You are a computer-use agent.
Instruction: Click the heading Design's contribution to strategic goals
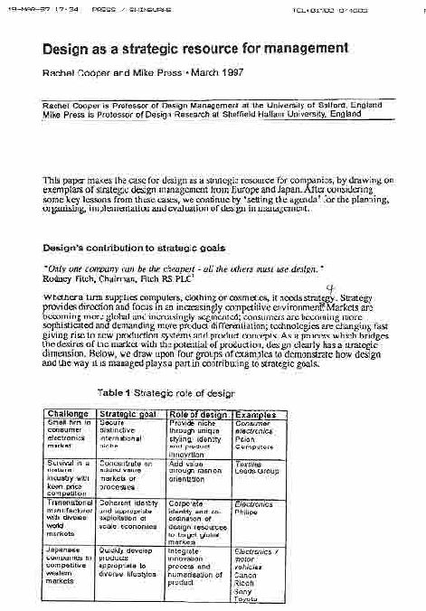coord(134,247)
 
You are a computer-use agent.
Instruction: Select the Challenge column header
coord(68,413)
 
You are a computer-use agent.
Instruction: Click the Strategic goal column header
coord(128,413)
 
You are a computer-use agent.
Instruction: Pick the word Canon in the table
coord(246,575)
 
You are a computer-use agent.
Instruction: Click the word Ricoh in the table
coord(245,583)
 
